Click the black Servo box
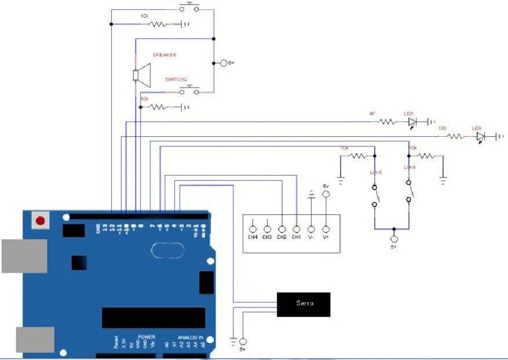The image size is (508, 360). [x=304, y=304]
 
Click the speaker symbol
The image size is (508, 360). [x=141, y=75]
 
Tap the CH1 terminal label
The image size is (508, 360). [x=296, y=237]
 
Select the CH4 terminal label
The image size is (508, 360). [x=253, y=237]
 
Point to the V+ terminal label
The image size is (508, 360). [x=326, y=237]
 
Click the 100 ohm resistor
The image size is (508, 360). [x=455, y=137]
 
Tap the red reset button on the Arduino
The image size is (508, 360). [x=41, y=221]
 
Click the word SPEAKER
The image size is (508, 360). [x=165, y=55]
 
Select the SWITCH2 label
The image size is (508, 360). [x=176, y=79]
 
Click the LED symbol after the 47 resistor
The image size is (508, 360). [x=412, y=122]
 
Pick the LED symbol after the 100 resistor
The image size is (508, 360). [x=480, y=137]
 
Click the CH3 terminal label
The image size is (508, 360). [x=267, y=237]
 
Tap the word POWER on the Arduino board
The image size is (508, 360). [x=147, y=336]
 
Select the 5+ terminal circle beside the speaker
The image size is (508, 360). [x=224, y=63]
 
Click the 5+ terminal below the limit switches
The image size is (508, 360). [x=394, y=239]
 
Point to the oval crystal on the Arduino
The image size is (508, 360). [x=168, y=250]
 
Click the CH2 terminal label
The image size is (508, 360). [x=282, y=237]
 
